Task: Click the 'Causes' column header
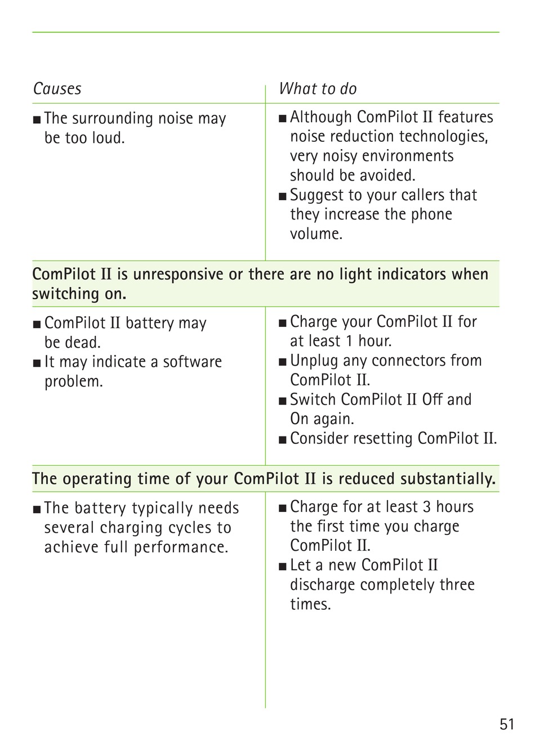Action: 57,89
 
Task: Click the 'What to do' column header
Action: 318,89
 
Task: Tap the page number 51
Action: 507,723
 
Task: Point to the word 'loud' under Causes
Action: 108,138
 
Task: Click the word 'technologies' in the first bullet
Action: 444,137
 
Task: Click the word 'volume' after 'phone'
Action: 315,234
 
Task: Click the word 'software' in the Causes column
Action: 193,362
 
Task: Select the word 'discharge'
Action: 323,585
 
